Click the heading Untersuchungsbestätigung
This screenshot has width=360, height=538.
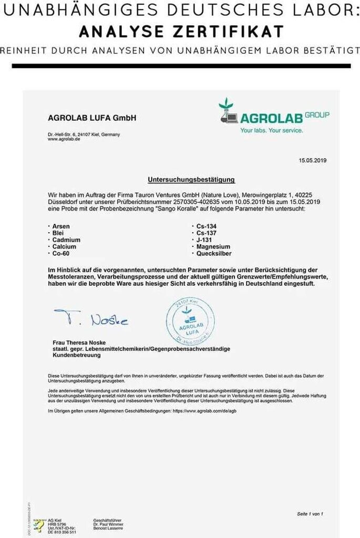191,180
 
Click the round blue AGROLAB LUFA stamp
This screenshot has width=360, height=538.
190,321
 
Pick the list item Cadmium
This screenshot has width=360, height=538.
66,240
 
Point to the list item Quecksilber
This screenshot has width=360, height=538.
214,253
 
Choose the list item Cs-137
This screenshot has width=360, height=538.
207,233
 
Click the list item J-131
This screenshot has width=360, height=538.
204,240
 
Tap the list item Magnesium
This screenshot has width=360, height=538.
213,246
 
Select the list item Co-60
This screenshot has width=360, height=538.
61,253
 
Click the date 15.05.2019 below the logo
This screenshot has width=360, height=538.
313,160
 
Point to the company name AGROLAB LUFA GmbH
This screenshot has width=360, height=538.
92,118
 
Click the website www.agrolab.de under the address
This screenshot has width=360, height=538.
64,139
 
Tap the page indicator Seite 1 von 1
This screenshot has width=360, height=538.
310,513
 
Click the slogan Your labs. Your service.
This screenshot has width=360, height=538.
271,130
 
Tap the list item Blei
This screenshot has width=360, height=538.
58,233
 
